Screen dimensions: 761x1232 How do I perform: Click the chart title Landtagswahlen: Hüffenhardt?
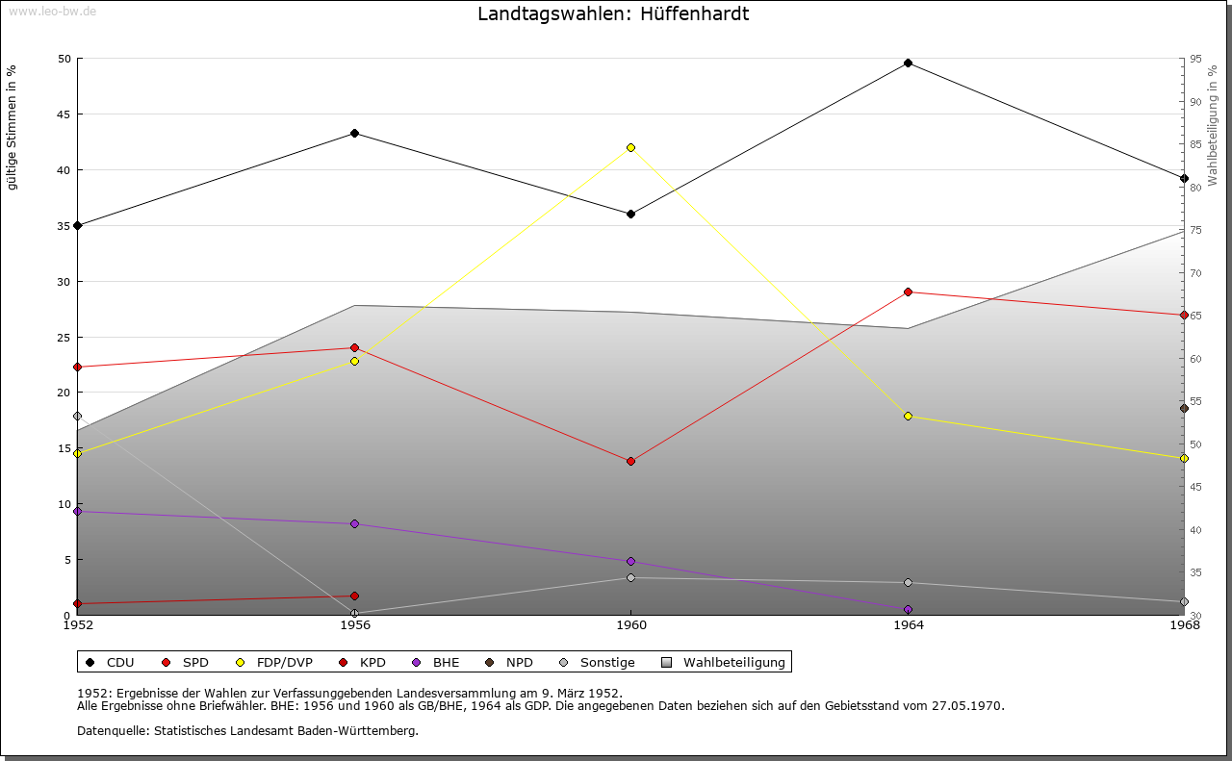coord(613,14)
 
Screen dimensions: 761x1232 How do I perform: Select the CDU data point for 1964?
coord(908,63)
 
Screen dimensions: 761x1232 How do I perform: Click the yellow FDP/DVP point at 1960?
coord(630,147)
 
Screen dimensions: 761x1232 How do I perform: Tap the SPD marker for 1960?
coord(630,461)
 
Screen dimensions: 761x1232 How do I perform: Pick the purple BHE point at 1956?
coord(354,523)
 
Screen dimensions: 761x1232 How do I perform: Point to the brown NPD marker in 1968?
coord(1184,408)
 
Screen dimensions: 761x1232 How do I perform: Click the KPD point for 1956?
coord(354,596)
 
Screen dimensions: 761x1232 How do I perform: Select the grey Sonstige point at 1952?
coord(77,416)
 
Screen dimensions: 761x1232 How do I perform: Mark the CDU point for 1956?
coord(354,133)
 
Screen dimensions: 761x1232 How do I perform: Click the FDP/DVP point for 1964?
coord(908,416)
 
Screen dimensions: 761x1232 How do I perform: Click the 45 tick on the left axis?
coord(64,114)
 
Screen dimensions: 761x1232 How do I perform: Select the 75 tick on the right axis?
coord(1195,230)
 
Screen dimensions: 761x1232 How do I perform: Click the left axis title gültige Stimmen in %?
coord(13,127)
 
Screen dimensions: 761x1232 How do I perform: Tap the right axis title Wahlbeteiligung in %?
coord(1213,125)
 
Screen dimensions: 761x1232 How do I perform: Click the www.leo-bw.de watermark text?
coord(52,11)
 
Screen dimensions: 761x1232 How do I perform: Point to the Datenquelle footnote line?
coord(247,730)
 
